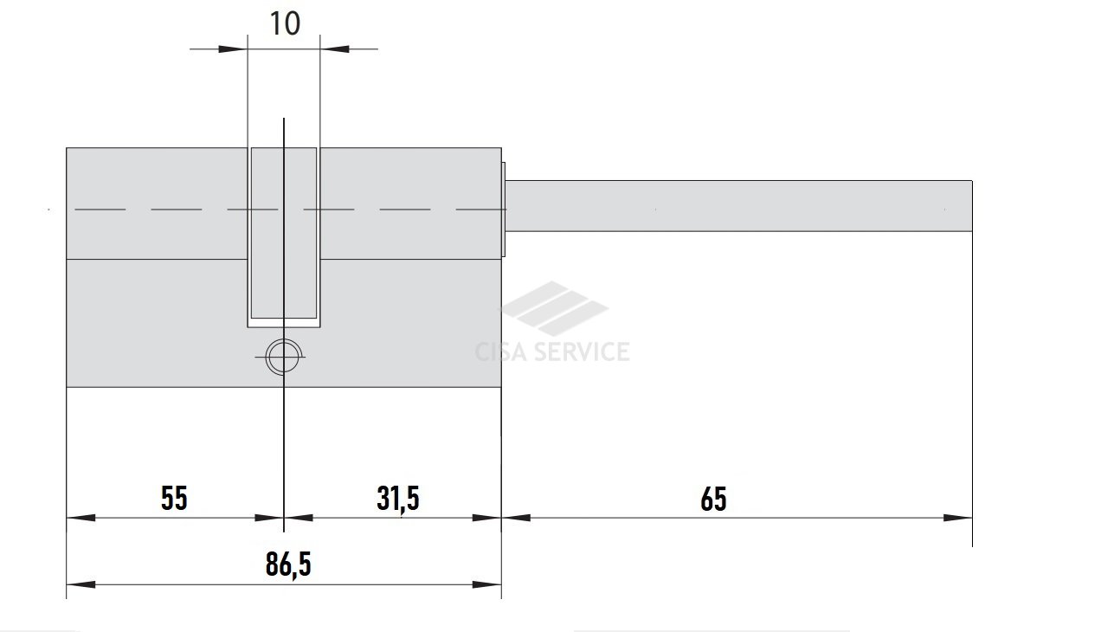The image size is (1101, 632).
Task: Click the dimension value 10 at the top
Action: tap(285, 23)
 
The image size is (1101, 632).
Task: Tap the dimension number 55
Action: tap(174, 499)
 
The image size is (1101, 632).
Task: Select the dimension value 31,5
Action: tap(397, 500)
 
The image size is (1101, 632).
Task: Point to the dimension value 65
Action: tap(713, 500)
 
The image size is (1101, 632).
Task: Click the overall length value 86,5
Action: tap(288, 564)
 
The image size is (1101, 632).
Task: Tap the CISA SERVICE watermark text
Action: tap(552, 351)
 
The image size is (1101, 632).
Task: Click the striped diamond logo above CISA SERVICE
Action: tap(555, 308)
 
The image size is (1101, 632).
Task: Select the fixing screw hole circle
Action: tap(284, 357)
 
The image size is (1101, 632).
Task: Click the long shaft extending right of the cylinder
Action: tap(738, 206)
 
